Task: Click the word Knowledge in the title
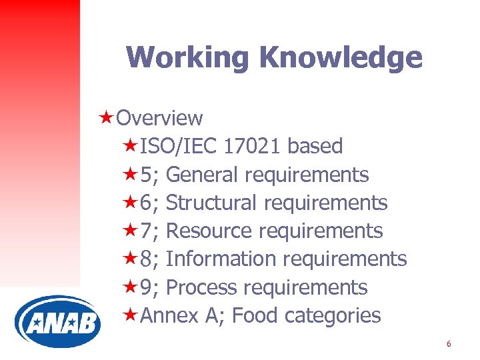pyautogui.click(x=341, y=57)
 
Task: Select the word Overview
pyautogui.click(x=159, y=118)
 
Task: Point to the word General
pyautogui.click(x=203, y=175)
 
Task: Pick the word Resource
pyautogui.click(x=209, y=231)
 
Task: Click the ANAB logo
pyautogui.click(x=57, y=322)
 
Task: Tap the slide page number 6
pyautogui.click(x=449, y=344)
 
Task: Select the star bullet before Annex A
pyautogui.click(x=131, y=315)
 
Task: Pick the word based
pyautogui.click(x=317, y=146)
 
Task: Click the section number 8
pyautogui.click(x=147, y=259)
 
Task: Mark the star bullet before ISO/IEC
pyautogui.click(x=131, y=145)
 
